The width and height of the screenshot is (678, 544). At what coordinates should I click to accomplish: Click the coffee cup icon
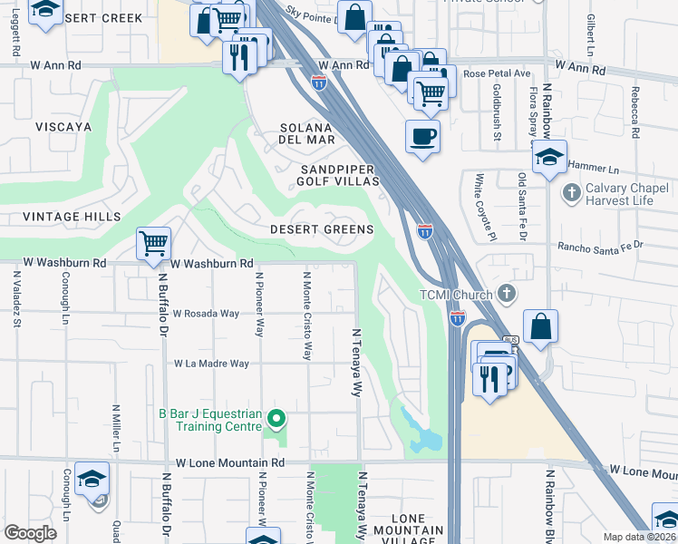[x=422, y=137]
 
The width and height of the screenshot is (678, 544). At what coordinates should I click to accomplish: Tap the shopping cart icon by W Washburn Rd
[x=154, y=243]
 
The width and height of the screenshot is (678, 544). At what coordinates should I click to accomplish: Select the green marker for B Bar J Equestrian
[x=277, y=419]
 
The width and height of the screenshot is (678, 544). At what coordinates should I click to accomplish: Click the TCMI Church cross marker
[x=507, y=294]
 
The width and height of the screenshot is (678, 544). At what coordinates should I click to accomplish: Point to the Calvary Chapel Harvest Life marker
[x=571, y=192]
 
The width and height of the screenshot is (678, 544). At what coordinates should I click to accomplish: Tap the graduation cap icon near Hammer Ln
[x=548, y=157]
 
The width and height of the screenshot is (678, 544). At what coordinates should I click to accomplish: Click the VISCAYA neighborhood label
[x=62, y=129]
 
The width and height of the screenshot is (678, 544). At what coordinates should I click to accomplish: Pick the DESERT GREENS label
[x=322, y=229]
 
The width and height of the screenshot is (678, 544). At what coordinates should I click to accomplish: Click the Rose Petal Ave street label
[x=496, y=73]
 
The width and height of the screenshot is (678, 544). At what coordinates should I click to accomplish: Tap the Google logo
[x=30, y=533]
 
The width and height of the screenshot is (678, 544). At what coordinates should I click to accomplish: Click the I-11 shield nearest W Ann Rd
[x=319, y=83]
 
